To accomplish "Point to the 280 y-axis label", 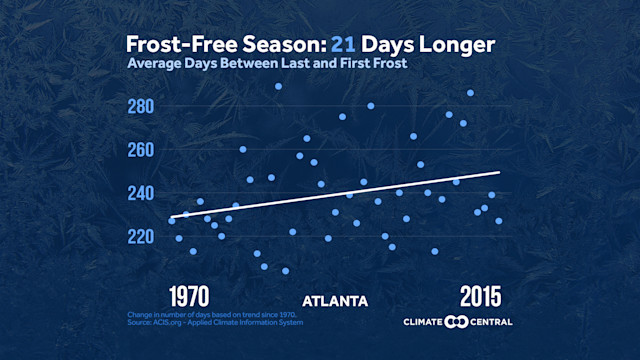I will coord(140,106).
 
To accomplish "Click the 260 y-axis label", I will coord(140,150).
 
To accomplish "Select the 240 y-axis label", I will coord(140,193).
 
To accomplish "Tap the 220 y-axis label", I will coord(140,236).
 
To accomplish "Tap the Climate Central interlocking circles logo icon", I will coord(457,321).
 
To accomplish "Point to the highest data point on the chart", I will coord(278,86).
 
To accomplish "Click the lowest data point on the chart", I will coord(285,271).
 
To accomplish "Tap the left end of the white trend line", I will coord(171,217).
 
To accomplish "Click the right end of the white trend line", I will coord(499,172).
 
